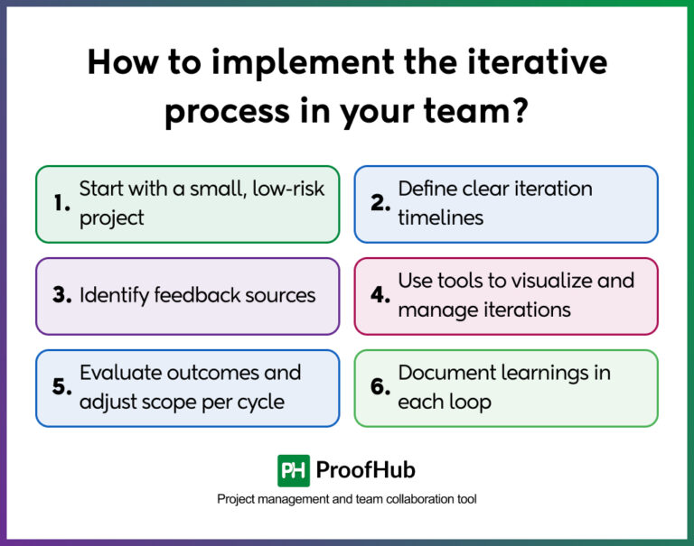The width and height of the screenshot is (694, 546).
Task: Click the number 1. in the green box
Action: (61, 204)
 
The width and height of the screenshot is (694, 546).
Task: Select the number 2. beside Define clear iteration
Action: (380, 204)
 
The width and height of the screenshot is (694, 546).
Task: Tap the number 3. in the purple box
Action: (61, 296)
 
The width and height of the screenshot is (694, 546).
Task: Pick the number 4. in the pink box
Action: (380, 296)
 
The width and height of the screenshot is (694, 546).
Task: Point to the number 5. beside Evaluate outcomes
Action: (61, 387)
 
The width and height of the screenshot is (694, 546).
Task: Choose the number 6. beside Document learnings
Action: (380, 387)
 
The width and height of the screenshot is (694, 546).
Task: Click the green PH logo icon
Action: (293, 470)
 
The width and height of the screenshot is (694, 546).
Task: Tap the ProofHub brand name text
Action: (366, 470)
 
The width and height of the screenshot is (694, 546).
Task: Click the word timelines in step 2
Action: (441, 217)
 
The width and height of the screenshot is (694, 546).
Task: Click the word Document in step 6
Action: (446, 372)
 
